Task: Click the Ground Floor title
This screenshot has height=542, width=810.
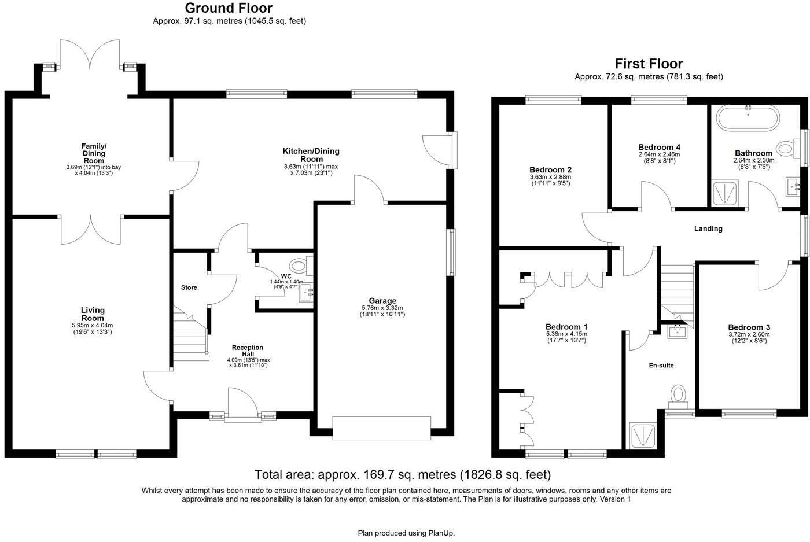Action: (x=229, y=8)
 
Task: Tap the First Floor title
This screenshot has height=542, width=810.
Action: (x=649, y=64)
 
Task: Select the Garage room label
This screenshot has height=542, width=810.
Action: (x=382, y=301)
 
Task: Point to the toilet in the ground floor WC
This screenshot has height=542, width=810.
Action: (x=299, y=267)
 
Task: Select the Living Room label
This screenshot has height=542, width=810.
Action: (x=93, y=314)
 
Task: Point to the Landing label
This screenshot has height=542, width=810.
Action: (x=708, y=228)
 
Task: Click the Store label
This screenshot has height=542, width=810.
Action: (x=189, y=287)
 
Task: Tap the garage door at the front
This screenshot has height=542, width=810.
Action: (x=382, y=427)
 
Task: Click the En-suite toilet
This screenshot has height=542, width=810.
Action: (x=678, y=395)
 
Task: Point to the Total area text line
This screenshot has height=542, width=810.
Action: (x=403, y=475)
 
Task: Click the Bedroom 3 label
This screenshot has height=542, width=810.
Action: (x=749, y=327)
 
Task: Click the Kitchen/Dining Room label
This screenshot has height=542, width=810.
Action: (x=311, y=155)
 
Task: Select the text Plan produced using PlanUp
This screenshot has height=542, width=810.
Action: (x=410, y=533)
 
